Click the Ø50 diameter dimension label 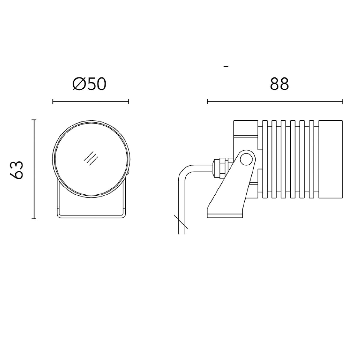pyautogui.click(x=89, y=84)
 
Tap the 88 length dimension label pyautogui.click(x=279, y=84)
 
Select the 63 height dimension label pyautogui.click(x=16, y=169)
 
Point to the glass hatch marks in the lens pyautogui.click(x=91, y=158)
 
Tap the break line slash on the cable pyautogui.click(x=181, y=222)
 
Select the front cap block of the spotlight pyautogui.click(x=330, y=159)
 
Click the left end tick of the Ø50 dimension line pyautogui.click(x=53, y=101)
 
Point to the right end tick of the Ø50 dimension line pyautogui.click(x=129, y=101)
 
